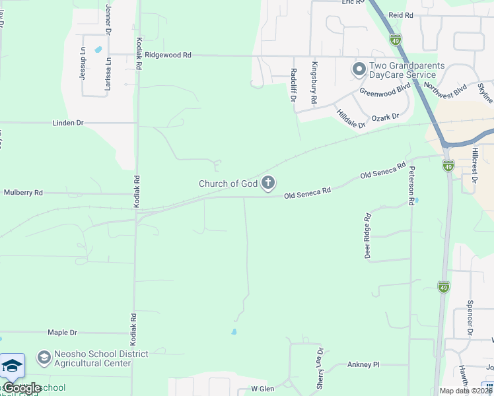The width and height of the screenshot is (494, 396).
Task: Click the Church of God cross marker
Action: click(x=268, y=183)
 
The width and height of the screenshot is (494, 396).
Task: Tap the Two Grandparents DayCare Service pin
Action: click(x=359, y=69)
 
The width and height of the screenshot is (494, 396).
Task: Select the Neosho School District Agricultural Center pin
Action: click(x=44, y=358)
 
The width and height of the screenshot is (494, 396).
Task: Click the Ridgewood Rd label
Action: click(x=168, y=56)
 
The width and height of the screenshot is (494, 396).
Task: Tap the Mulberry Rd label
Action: click(x=23, y=193)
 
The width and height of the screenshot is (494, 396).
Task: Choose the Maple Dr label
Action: click(x=62, y=333)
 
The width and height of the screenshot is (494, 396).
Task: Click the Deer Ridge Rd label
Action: click(x=368, y=236)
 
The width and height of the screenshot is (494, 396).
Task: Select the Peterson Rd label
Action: click(x=412, y=183)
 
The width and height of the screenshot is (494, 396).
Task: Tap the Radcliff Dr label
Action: click(x=293, y=85)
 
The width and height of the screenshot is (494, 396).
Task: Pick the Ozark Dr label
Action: click(x=386, y=117)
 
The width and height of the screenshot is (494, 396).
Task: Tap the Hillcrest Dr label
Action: click(x=474, y=161)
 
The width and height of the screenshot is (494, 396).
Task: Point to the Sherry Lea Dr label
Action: click(x=320, y=368)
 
